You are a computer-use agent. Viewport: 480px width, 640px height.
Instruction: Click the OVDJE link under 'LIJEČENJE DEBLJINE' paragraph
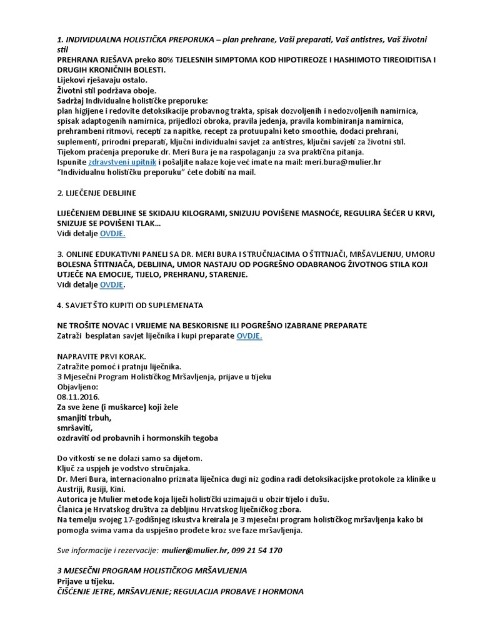(x=112, y=233)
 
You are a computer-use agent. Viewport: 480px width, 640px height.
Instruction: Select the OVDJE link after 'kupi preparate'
(x=249, y=336)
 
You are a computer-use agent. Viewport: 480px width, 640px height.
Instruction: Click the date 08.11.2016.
(x=77, y=397)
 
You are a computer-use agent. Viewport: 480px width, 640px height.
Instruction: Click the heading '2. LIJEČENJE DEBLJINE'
(x=96, y=192)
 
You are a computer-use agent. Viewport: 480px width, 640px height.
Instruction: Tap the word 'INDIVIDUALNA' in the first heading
(x=96, y=39)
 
